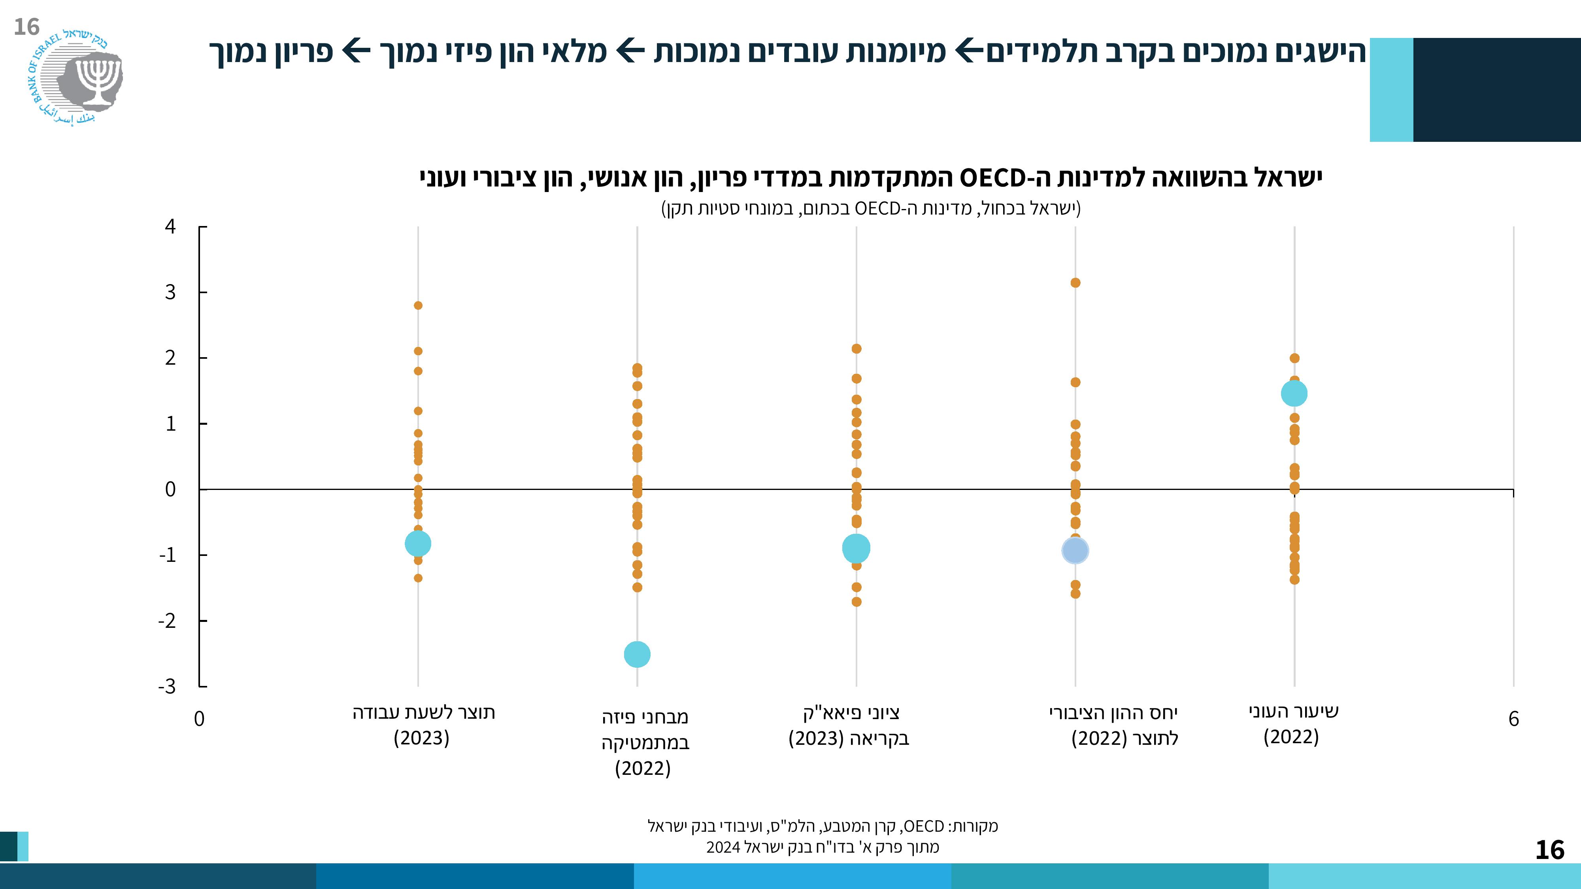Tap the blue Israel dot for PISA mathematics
(x=637, y=655)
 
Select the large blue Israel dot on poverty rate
(x=1294, y=393)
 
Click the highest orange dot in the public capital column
(x=1075, y=283)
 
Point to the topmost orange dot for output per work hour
(x=418, y=305)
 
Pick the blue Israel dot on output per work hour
(x=418, y=543)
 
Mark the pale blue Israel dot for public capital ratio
(x=1075, y=550)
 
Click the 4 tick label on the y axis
(x=170, y=227)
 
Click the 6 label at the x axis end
(x=1513, y=718)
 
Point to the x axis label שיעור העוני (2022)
(x=1292, y=724)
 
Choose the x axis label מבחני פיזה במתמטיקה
(x=644, y=742)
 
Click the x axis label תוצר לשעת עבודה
(x=423, y=725)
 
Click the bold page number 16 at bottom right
(x=1549, y=850)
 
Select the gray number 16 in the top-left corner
(x=26, y=27)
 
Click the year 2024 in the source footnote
(x=723, y=847)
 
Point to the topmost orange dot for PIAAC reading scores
(x=856, y=348)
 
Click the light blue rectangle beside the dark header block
(x=1391, y=90)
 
